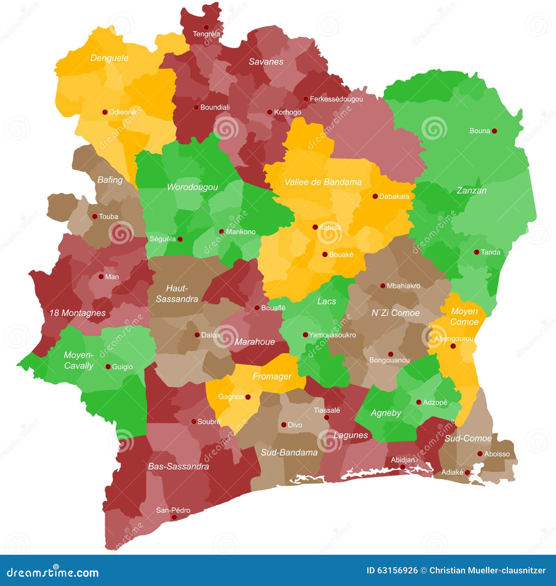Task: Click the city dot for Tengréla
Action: coord(206,27)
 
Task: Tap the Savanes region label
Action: coord(266,62)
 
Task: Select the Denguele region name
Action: coord(109,58)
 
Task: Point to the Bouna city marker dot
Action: coord(494,131)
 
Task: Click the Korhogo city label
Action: coord(287,112)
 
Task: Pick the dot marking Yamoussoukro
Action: coord(305,335)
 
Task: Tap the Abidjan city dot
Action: coord(402,467)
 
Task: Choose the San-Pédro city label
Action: coord(173,510)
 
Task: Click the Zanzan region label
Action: coord(471,190)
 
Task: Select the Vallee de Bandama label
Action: coord(323,182)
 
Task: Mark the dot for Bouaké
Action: coord(325,254)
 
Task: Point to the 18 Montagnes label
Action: coord(77,313)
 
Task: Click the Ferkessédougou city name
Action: coord(336,99)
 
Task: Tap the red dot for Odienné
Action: coord(105,112)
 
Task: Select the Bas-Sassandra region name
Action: coord(178,466)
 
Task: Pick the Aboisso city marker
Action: coord(480,454)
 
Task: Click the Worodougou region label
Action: coord(192,187)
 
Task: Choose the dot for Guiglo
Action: coord(108,367)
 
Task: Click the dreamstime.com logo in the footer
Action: coord(53,572)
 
